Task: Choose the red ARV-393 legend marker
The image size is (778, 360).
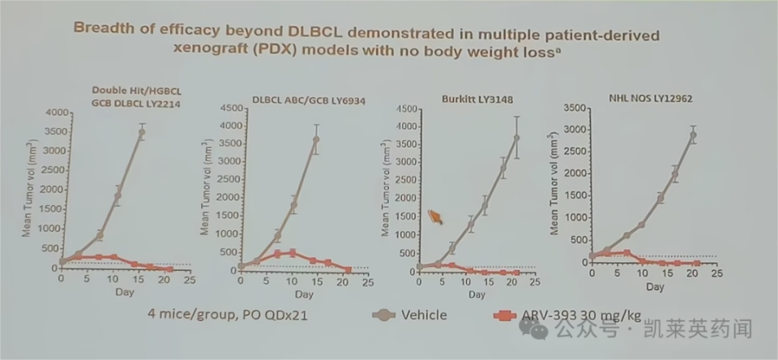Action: point(505,315)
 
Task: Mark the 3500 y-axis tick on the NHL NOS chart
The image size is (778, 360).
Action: point(571,107)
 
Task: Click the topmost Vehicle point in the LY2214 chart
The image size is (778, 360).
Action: point(142,132)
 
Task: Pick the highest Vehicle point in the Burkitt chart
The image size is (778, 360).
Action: point(516,138)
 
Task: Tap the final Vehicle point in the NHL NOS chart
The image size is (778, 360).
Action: point(693,135)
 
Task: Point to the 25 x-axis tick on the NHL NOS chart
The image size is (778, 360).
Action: point(716,274)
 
